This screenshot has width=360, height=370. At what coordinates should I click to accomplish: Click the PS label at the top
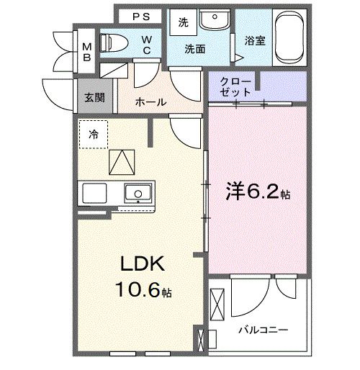click(140, 16)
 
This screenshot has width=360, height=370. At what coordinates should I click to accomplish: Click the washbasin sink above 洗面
click(213, 20)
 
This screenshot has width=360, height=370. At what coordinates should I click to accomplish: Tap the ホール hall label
click(150, 103)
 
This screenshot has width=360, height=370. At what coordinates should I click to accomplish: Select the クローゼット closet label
click(235, 87)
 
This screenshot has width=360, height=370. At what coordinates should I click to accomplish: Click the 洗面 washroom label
click(194, 50)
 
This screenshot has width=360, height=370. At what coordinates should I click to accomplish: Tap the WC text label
click(147, 45)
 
